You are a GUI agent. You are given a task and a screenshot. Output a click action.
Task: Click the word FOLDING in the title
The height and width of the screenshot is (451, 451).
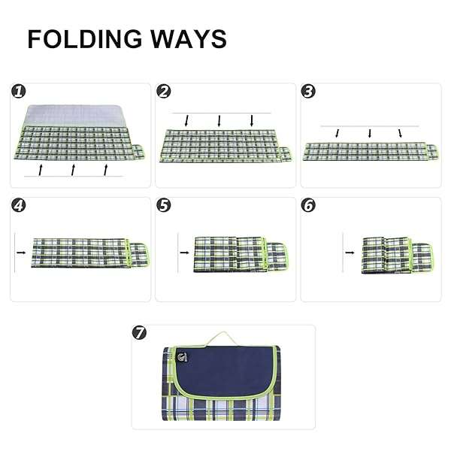click(x=85, y=39)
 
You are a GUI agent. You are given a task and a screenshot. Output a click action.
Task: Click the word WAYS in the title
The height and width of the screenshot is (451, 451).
click(x=189, y=39)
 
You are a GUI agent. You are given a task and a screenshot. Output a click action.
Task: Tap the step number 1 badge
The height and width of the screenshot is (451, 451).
click(x=19, y=92)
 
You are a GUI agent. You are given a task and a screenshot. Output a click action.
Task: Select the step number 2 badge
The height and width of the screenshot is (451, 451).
click(x=164, y=92)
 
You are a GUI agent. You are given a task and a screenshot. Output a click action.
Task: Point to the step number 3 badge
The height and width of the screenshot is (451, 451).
click(x=308, y=92)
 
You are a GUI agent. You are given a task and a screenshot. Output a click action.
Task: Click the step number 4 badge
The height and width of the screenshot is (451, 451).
click(x=19, y=205)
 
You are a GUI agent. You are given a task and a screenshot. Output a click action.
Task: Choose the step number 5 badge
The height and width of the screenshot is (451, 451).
click(x=164, y=205)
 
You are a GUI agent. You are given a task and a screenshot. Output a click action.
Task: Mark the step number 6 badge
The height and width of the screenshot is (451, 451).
click(x=308, y=205)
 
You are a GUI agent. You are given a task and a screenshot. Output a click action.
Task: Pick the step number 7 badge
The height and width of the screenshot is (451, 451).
click(x=139, y=333)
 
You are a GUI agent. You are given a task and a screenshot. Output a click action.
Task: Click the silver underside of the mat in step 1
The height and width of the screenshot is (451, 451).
click(x=74, y=116)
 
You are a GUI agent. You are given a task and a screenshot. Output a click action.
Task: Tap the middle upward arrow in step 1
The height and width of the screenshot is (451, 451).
click(x=74, y=170)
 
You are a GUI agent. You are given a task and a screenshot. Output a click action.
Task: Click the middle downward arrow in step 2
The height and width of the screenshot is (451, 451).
click(x=219, y=121)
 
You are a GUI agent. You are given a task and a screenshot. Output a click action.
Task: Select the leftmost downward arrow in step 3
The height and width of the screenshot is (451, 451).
click(x=337, y=133)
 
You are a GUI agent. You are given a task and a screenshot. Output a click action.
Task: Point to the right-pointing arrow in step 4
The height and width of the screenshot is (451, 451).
click(x=21, y=253)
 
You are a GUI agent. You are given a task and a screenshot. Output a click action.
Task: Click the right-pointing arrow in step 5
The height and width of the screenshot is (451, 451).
click(x=184, y=253)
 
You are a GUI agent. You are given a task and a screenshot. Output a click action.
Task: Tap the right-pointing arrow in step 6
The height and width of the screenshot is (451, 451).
click(x=350, y=253)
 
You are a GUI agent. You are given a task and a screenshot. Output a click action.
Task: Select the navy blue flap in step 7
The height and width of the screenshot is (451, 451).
click(x=224, y=371)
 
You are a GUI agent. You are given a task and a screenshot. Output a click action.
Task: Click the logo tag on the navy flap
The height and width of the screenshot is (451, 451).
click(x=182, y=356)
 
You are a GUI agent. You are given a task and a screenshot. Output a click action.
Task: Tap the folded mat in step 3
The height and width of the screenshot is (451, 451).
click(x=371, y=151)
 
